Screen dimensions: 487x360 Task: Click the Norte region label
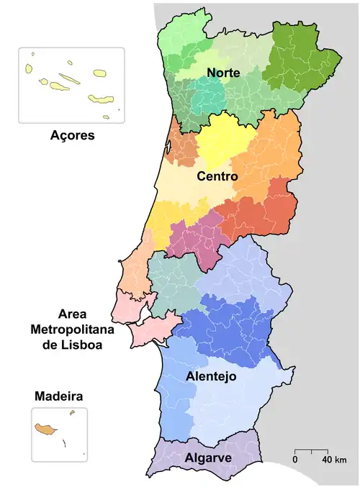[x=223, y=73]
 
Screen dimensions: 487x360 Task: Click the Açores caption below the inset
[x=72, y=135]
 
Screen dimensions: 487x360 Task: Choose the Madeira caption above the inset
[x=58, y=396]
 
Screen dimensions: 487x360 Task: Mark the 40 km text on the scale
[x=335, y=460]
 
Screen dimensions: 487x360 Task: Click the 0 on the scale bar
[x=295, y=460]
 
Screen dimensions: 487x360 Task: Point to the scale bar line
[x=311, y=450]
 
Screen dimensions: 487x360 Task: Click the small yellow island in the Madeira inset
[x=72, y=413]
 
